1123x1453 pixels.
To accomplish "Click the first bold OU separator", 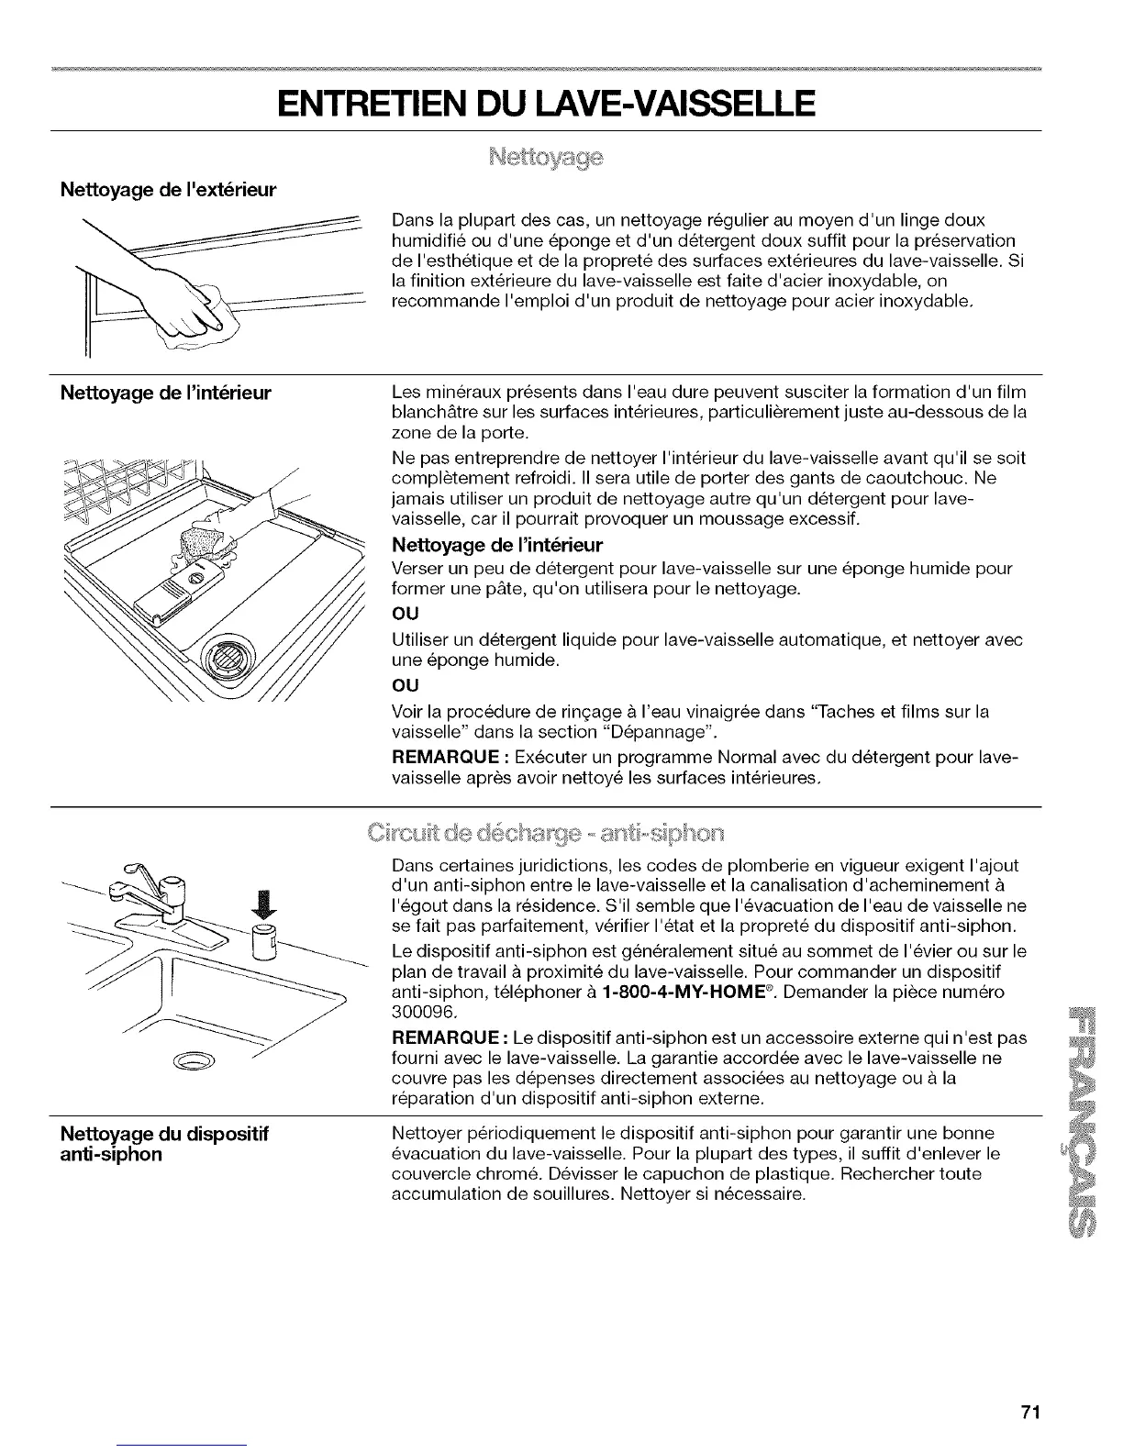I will [x=406, y=616].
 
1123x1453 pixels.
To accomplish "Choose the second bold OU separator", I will [x=406, y=685].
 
